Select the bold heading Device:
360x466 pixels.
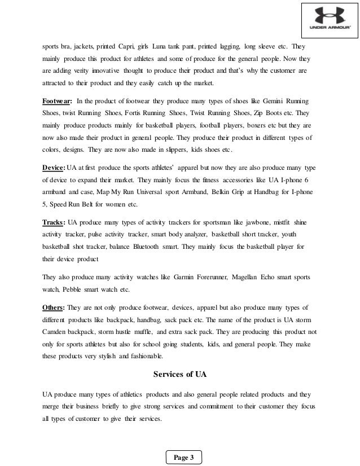pos(54,168)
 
